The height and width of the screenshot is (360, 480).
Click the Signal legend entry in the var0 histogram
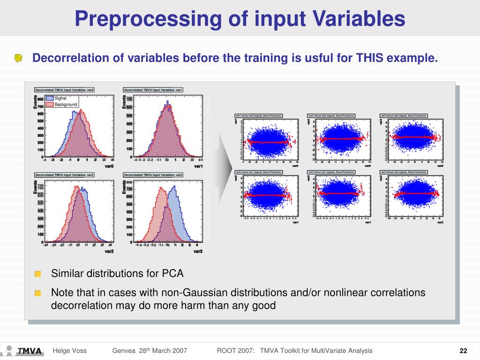tap(60, 98)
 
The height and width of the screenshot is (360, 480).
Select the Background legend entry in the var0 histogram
tap(66, 104)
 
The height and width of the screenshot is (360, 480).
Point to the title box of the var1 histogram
tap(153, 90)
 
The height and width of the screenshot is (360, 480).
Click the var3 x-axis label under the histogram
tap(198, 252)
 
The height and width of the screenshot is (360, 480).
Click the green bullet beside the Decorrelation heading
tap(18, 58)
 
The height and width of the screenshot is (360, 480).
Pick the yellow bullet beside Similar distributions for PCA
tap(37, 274)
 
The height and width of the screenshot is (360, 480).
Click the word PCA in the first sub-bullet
tap(172, 273)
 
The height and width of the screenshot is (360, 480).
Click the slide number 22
tap(464, 351)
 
